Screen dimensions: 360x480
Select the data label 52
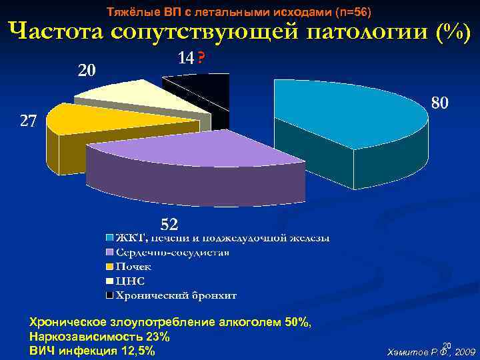coord(168,222)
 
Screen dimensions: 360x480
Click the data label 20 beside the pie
coord(87,70)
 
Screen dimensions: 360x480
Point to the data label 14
coord(185,59)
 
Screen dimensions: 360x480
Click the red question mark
coord(201,59)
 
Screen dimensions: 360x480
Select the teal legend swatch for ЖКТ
coord(109,237)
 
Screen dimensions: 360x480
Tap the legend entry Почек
coord(133,267)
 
